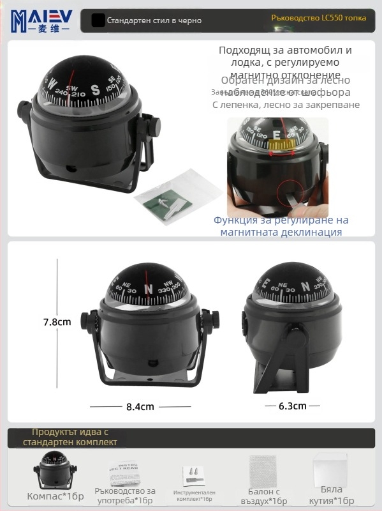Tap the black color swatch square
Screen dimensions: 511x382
98,20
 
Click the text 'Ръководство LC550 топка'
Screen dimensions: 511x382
318,18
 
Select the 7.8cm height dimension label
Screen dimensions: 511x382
57,322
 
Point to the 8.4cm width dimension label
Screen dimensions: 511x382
139,406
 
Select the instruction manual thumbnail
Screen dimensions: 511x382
124,473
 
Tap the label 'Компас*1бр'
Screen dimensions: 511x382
55,496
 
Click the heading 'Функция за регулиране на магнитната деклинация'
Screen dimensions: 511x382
281,226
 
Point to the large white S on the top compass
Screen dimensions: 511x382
95,89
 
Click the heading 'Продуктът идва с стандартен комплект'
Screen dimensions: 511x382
70,437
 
